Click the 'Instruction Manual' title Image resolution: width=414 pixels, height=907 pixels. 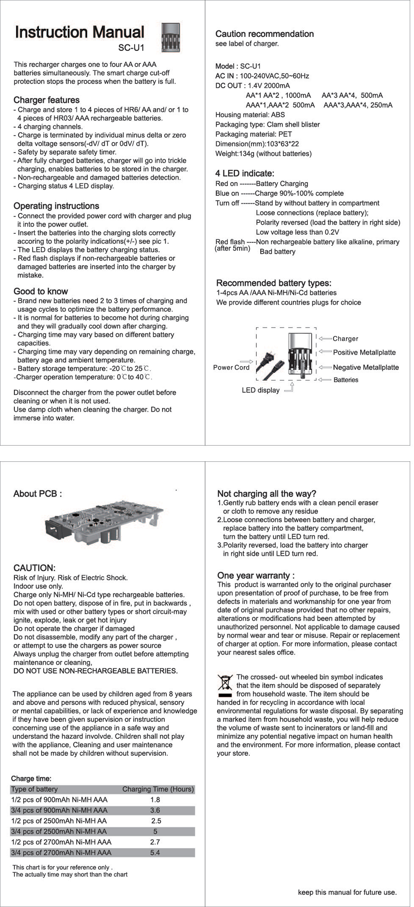pos(79,32)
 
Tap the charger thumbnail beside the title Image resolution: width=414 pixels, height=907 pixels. pos(170,37)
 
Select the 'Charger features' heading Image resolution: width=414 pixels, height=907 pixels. pos(47,100)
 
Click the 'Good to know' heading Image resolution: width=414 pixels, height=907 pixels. pos(40,291)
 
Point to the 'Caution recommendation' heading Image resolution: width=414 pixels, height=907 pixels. pos(265,34)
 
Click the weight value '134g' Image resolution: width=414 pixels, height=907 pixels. pos(247,154)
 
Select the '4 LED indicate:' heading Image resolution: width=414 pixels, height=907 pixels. pos(245,173)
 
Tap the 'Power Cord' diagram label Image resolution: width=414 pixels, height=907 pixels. pos(231,367)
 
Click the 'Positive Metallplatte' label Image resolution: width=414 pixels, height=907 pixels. pos(364,353)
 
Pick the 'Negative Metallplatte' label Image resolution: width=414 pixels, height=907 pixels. pos(366,367)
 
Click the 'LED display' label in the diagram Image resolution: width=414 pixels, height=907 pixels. pos(260,390)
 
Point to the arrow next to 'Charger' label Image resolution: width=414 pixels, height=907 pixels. pos(325,338)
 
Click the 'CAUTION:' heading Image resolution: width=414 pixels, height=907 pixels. pos(34,568)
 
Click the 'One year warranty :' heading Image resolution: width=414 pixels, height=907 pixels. pos(256,575)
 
